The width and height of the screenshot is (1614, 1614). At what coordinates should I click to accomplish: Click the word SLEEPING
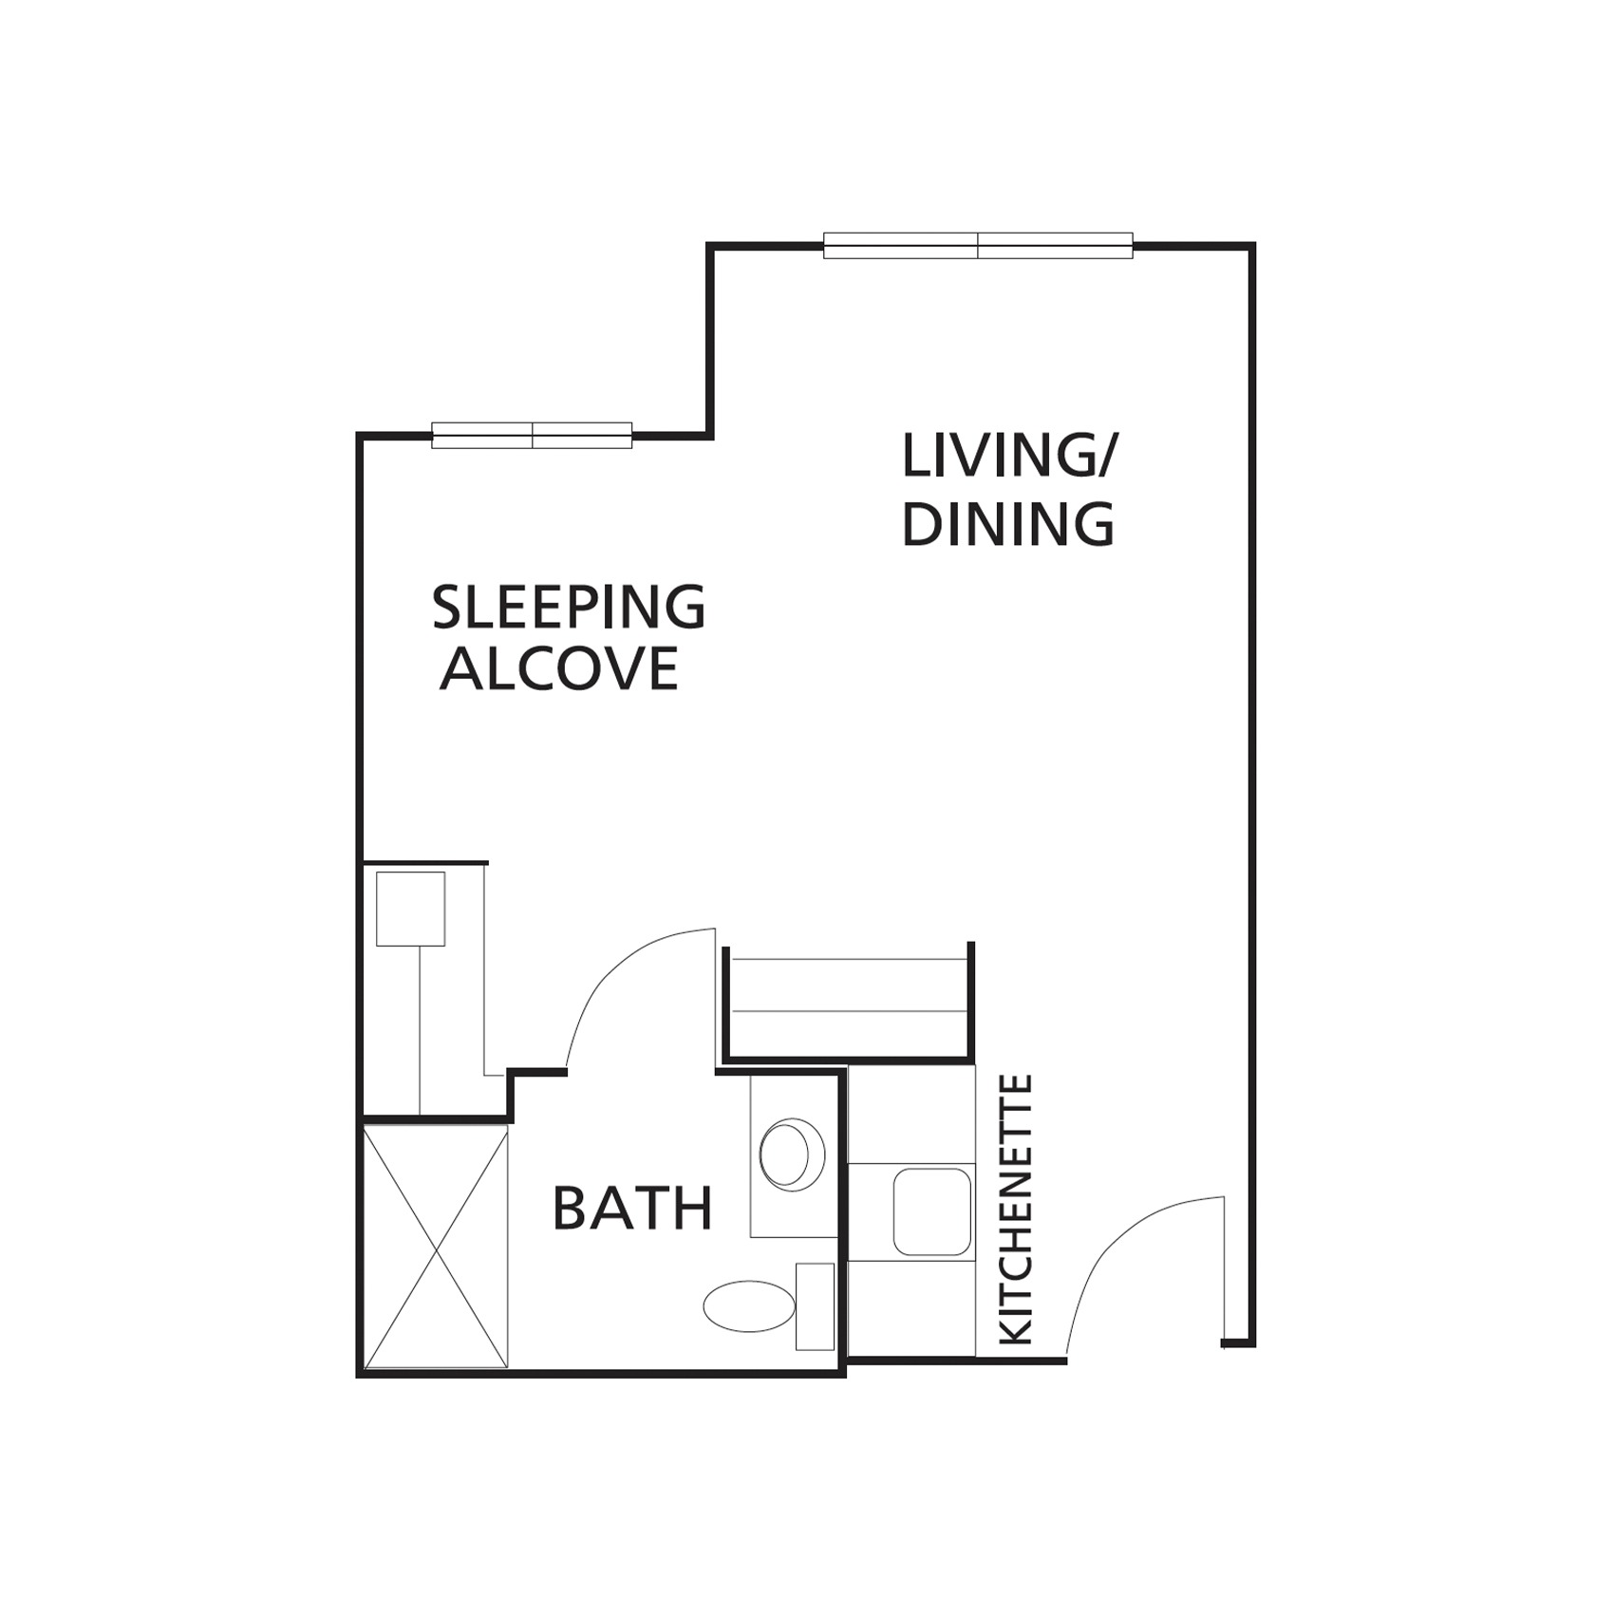[x=569, y=608]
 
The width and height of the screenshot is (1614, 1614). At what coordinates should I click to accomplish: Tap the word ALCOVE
[x=559, y=668]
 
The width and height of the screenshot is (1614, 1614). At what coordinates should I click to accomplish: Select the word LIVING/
[x=1010, y=457]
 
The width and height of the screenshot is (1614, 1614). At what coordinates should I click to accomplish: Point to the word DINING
[x=1008, y=523]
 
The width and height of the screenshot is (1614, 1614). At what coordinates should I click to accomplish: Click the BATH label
[x=632, y=1209]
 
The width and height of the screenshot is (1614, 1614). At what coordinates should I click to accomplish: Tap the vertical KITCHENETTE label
[x=1017, y=1210]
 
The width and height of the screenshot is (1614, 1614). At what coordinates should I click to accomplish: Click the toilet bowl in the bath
[x=749, y=1306]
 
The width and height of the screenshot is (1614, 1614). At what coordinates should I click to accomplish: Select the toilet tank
[x=815, y=1306]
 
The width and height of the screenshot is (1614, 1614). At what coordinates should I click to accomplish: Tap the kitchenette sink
[x=932, y=1211]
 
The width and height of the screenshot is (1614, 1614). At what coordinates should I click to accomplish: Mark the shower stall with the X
[x=436, y=1247]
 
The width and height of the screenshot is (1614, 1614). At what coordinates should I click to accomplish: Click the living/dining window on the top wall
[x=978, y=245]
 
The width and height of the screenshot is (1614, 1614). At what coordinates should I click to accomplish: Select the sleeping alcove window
[x=532, y=435]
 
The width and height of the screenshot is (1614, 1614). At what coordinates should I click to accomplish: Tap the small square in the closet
[x=411, y=909]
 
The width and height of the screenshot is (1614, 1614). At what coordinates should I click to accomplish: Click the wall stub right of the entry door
[x=1237, y=1342]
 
